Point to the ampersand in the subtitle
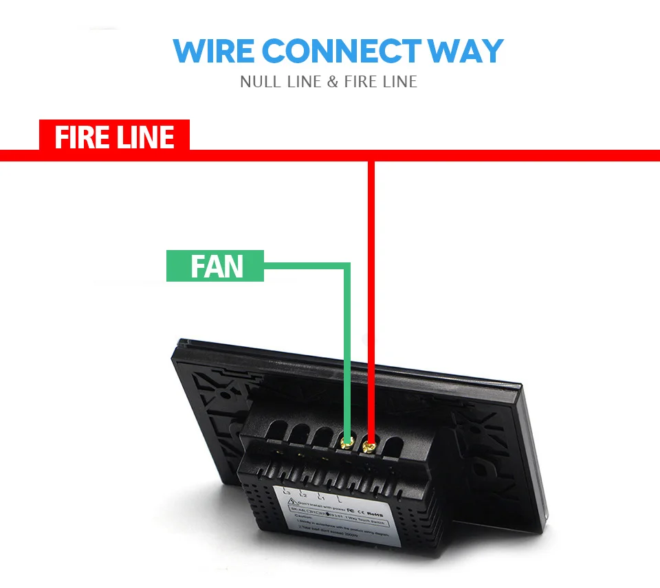click(x=333, y=82)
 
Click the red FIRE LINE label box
click(x=114, y=137)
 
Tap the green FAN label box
click(x=215, y=266)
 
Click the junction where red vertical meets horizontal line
click(x=371, y=156)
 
